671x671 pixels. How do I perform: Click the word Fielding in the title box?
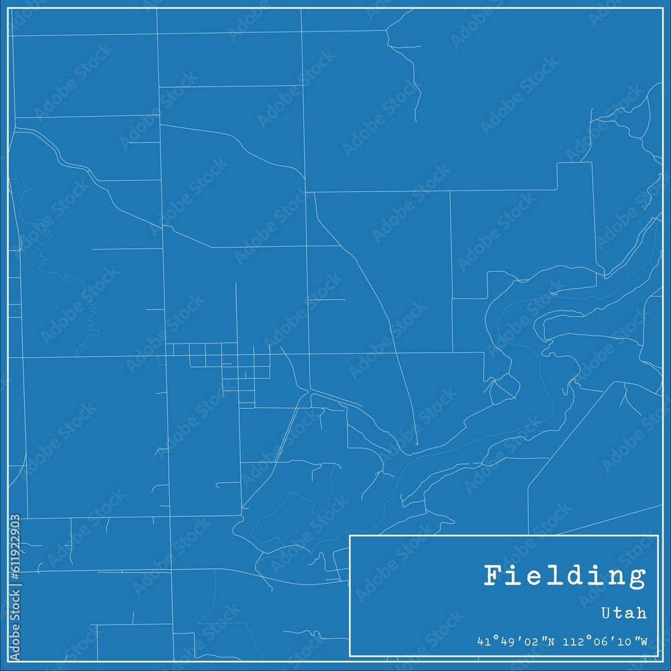click(x=565, y=576)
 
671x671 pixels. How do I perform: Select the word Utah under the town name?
click(x=625, y=613)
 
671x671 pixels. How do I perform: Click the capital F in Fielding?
click(x=493, y=576)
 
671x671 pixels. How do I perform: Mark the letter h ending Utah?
click(x=642, y=613)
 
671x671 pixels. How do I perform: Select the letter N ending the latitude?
click(x=551, y=641)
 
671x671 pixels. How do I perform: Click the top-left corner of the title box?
click(x=350, y=535)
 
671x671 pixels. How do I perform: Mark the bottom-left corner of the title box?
click(x=350, y=656)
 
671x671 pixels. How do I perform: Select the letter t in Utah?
click(x=619, y=613)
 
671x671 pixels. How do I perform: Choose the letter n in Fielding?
click(x=615, y=576)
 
